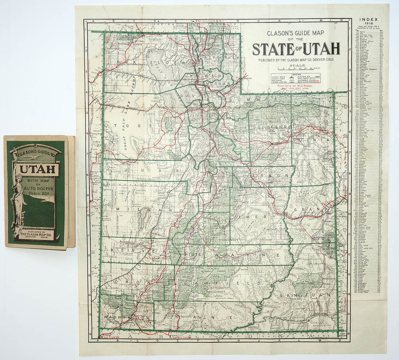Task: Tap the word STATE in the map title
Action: click(272, 49)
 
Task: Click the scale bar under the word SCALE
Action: click(297, 69)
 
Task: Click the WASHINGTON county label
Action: click(126, 318)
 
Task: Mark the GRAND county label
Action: click(318, 210)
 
